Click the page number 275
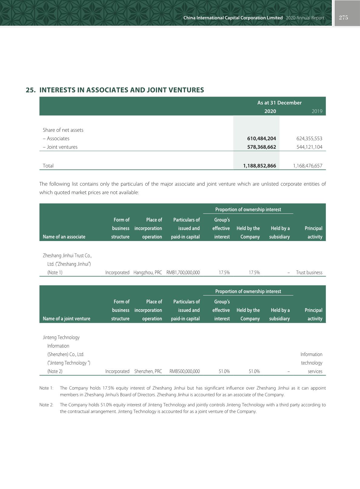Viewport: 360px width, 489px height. click(343, 18)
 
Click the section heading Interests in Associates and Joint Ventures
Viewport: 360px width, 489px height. click(115, 90)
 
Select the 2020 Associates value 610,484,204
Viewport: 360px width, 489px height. click(261, 138)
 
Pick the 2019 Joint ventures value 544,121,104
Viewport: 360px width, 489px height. click(309, 147)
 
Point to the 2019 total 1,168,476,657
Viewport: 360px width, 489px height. click(307, 166)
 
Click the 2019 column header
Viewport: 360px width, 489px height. click(317, 111)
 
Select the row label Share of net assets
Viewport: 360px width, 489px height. click(63, 130)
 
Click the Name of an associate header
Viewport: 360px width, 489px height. click(64, 237)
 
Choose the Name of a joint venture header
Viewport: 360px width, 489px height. click(67, 319)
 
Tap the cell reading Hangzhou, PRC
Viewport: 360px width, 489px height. click(148, 273)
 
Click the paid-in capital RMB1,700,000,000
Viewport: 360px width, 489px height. click(183, 273)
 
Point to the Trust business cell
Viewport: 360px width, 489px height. click(309, 273)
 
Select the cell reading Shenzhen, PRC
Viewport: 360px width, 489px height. click(148, 371)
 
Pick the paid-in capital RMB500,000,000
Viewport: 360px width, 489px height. click(185, 371)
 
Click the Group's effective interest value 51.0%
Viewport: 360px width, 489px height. click(224, 371)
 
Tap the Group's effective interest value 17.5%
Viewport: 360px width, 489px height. click(224, 273)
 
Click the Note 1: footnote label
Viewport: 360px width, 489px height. click(46, 388)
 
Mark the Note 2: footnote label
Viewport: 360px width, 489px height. click(46, 405)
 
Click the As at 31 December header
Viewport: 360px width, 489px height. click(279, 103)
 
